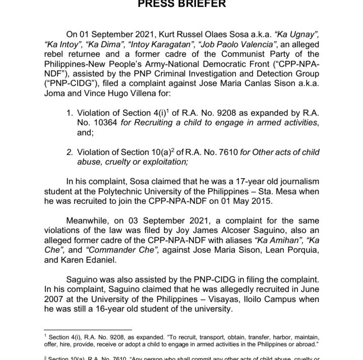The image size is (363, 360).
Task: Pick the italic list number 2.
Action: pos(70,152)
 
